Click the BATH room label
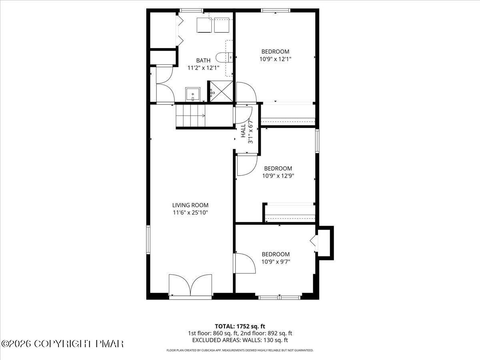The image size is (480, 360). [203, 60]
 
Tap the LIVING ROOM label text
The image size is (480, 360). [190, 205]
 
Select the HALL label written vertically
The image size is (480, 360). [243, 131]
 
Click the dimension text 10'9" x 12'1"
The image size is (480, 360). [275, 59]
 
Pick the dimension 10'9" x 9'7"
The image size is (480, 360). [275, 262]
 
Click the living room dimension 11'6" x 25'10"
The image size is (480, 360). [190, 212]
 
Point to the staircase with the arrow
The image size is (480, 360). [191, 116]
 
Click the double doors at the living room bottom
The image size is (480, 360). [190, 286]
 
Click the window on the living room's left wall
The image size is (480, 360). [148, 240]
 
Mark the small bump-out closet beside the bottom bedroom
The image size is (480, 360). [324, 243]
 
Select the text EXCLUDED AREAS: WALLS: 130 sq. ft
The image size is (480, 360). [240, 340]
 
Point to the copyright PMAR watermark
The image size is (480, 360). [62, 344]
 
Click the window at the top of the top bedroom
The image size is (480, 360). [276, 10]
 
